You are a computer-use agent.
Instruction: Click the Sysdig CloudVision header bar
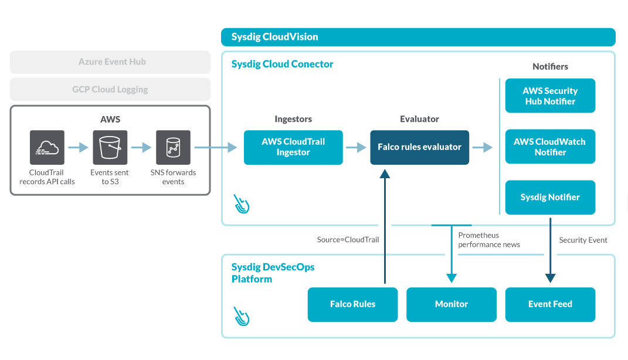(418, 37)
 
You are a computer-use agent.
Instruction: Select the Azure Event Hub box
(110, 62)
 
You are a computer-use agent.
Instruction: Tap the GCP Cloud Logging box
(110, 90)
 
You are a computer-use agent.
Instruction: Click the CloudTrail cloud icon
(47, 148)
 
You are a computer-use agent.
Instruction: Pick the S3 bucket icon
(110, 148)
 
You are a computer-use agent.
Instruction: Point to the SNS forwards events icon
(173, 148)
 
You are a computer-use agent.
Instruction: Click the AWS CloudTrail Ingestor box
(293, 147)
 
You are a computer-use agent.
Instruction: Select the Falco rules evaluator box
(419, 147)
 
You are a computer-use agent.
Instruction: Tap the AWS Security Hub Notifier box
(550, 96)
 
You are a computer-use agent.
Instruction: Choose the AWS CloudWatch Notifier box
(550, 147)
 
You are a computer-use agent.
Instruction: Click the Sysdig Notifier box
(550, 198)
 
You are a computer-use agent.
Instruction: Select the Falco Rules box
(352, 304)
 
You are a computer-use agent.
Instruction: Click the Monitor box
(452, 304)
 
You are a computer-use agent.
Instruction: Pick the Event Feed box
(550, 304)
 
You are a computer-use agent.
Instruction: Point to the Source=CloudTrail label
(348, 240)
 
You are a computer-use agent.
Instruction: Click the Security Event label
(583, 240)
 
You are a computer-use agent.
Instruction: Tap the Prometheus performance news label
(488, 240)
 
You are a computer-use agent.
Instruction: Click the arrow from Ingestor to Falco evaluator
(356, 148)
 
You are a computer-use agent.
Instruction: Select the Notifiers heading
(550, 67)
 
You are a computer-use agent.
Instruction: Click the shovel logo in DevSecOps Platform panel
(241, 315)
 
